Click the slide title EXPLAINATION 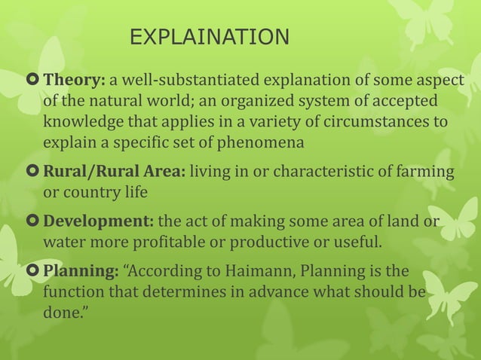(x=209, y=37)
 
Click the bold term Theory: (x=75, y=81)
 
